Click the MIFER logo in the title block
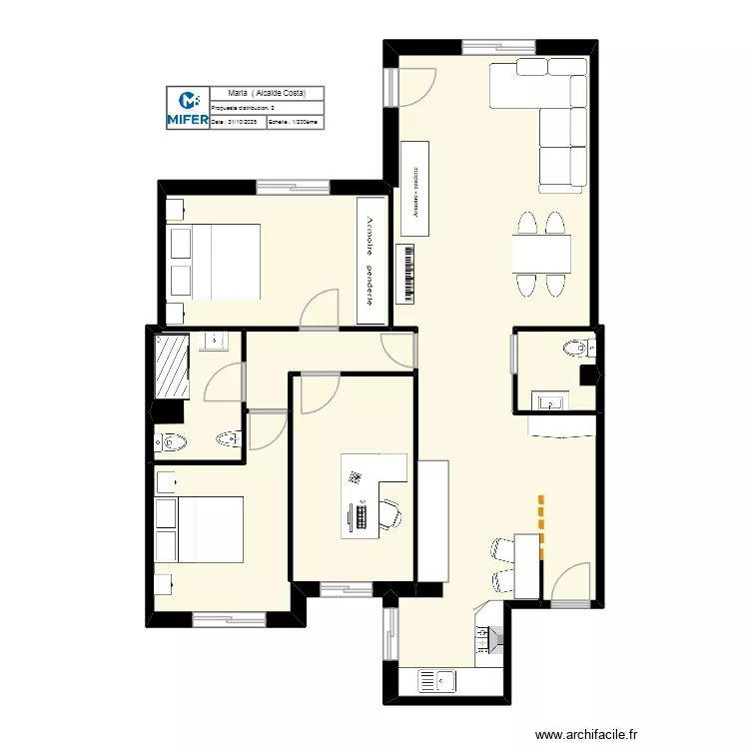point(187,108)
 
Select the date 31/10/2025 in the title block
point(235,122)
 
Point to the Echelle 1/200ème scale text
point(295,122)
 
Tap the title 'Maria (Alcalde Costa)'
point(267,93)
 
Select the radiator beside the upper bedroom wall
point(407,274)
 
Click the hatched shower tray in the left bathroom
point(172,366)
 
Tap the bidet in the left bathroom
point(229,438)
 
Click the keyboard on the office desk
point(360,515)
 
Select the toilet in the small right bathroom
point(577,348)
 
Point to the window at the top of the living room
point(498,45)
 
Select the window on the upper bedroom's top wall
point(293,186)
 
